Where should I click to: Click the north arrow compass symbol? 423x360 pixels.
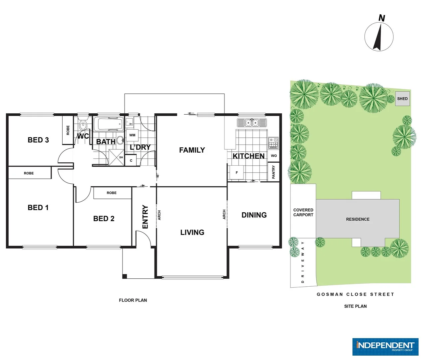point(379,36)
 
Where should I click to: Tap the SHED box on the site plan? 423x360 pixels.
point(402,99)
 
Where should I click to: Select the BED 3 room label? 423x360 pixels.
point(38,140)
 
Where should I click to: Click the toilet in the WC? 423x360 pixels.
point(83,125)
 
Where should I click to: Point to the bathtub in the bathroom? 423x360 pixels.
point(108,125)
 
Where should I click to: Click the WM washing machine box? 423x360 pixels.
point(132,135)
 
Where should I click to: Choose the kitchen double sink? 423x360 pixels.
point(252,123)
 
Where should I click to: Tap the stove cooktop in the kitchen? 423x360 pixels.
point(273,143)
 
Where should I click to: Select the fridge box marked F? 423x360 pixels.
point(236,173)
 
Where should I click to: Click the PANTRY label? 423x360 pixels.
point(273,172)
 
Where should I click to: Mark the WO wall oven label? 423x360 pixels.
point(274,156)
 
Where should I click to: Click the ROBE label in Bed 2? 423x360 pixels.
point(112,193)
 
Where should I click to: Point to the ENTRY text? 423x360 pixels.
point(145,217)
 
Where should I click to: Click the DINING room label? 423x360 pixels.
point(254,215)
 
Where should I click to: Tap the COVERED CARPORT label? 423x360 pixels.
point(303,212)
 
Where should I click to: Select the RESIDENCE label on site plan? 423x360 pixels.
point(358,219)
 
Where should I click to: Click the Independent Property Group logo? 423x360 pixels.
point(385,347)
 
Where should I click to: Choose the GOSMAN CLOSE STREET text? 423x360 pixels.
point(355,294)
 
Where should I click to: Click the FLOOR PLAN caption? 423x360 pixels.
point(133,300)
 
